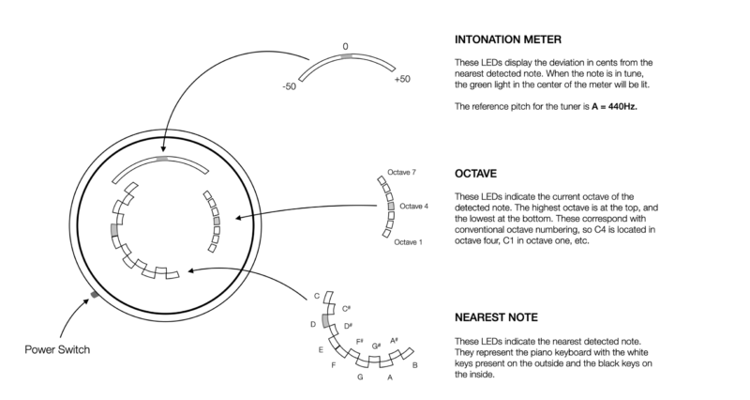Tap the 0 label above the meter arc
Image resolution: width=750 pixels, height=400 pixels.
coord(345,45)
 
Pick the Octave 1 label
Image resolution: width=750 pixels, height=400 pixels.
coord(408,242)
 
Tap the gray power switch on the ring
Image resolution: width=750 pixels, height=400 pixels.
coord(94,296)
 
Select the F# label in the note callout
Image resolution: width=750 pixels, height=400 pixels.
coord(360,341)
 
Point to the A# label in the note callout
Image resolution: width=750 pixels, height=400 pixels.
coord(394,340)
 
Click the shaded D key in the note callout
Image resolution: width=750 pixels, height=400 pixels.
coord(324,321)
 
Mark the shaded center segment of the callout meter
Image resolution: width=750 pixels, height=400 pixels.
coord(347,56)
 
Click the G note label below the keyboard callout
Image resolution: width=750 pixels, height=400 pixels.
coord(359,377)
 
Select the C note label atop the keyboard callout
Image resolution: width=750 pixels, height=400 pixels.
coord(317,296)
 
